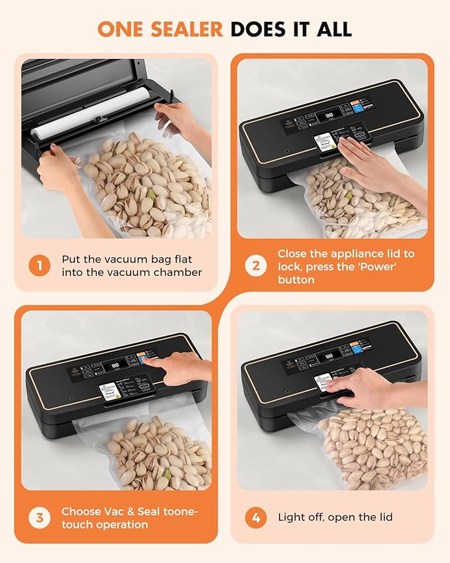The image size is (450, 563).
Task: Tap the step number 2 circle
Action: [x=255, y=266]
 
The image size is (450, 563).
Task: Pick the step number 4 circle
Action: [x=255, y=518]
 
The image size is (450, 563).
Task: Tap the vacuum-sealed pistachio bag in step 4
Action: [x=371, y=444]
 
